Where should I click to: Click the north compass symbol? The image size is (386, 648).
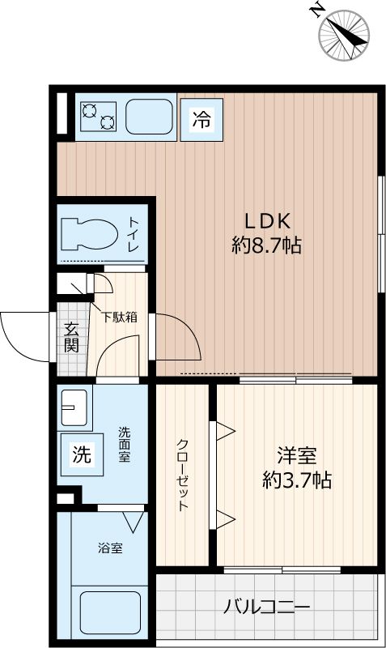343,33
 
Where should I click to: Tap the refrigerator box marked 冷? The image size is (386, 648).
201,121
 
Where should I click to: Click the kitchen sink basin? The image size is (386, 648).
149,118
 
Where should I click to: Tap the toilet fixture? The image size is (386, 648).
91,232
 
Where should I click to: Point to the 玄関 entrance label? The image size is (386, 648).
71,338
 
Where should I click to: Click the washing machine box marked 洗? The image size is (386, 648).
81,454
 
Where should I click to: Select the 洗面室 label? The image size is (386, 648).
124,445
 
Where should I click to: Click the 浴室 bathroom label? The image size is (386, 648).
111,548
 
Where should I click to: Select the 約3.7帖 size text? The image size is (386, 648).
295,480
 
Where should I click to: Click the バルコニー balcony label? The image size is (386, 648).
267,606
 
